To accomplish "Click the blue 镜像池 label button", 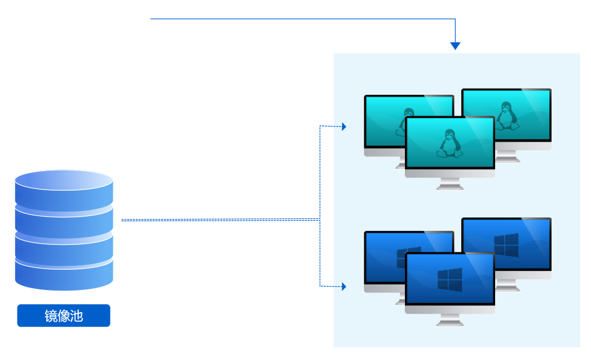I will coord(64,316).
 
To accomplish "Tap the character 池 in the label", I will coord(76,316).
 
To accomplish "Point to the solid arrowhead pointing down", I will coord(455,46).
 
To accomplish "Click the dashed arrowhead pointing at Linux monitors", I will coord(343,126).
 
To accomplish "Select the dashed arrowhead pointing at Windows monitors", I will coord(343,287).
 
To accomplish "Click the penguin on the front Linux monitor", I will coord(449,143).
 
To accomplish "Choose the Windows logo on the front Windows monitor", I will coord(449,279).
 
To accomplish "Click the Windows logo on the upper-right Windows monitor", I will coord(506,245).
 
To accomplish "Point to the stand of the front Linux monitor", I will coord(450,184).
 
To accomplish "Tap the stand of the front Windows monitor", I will coord(450,320).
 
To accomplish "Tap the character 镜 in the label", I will coord(51,316).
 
